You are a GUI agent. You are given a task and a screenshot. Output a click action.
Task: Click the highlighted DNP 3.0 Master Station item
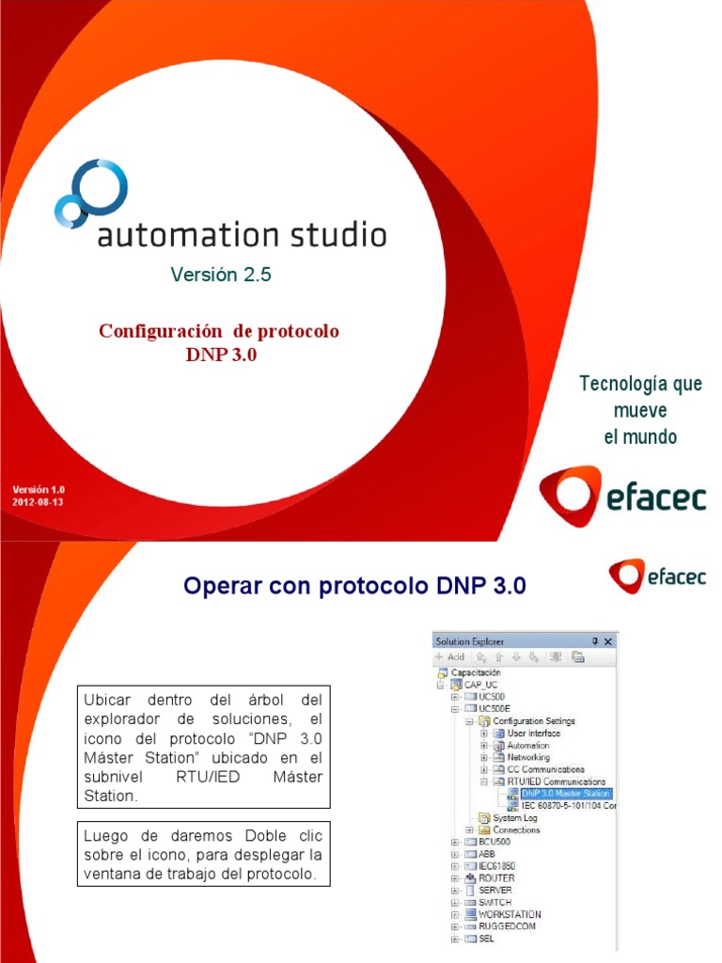click(x=565, y=794)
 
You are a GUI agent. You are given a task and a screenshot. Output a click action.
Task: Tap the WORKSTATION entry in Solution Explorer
click(x=509, y=914)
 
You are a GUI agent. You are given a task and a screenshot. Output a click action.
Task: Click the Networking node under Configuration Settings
click(x=528, y=757)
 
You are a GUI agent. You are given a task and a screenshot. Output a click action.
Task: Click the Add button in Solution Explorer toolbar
click(x=450, y=656)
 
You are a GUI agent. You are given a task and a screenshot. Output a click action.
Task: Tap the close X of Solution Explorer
click(x=607, y=640)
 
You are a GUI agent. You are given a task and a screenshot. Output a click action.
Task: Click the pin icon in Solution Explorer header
click(x=593, y=640)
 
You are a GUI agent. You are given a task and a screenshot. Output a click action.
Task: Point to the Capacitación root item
click(x=476, y=672)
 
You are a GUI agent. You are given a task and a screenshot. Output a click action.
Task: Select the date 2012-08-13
click(x=38, y=501)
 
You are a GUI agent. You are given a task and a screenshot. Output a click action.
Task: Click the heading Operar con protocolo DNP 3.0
click(x=354, y=586)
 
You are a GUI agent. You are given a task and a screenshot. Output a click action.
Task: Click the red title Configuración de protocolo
click(x=219, y=332)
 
